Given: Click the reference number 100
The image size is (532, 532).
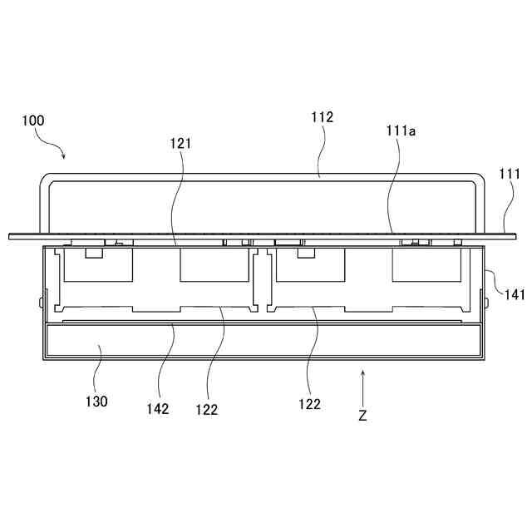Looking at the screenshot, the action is (x=34, y=121).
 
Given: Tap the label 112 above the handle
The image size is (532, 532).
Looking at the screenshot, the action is (x=323, y=117).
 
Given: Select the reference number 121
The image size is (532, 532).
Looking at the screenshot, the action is (x=181, y=143).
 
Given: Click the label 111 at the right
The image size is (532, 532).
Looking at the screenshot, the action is (x=510, y=174).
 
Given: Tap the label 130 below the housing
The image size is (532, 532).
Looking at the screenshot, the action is (x=96, y=401).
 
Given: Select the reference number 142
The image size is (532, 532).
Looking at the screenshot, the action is (x=157, y=408).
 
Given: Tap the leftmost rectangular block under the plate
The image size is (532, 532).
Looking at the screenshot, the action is (x=98, y=266).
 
